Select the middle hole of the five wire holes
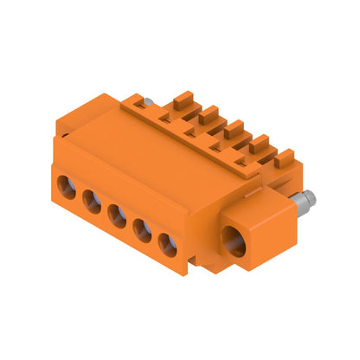[118, 214]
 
